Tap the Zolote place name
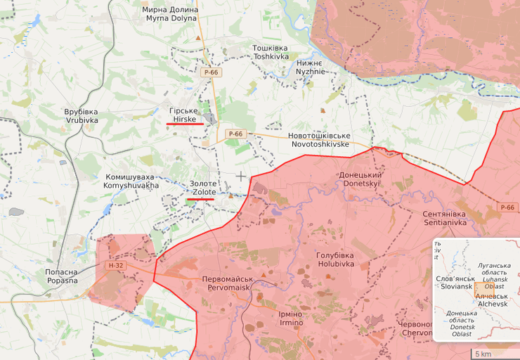tap(203, 188)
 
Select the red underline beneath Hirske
tap(185, 124)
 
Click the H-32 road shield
tap(115, 266)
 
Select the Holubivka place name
tap(334, 259)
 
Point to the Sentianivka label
tap(444, 217)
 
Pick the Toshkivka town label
tap(271, 52)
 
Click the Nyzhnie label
tap(310, 67)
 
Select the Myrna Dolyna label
tap(170, 14)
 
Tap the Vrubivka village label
tap(82, 116)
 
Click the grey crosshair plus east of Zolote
tap(241, 176)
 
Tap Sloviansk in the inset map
tap(456, 282)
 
